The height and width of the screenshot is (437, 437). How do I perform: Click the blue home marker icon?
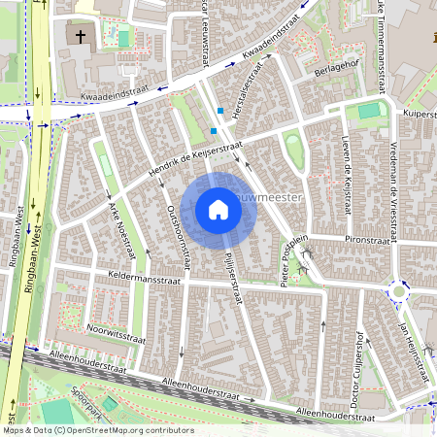pos(218,210)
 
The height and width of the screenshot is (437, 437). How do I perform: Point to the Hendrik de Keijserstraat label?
pos(194,161)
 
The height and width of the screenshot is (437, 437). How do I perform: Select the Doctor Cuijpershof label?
pos(357,354)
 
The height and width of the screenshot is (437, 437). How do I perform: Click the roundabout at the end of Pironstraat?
pos(398,289)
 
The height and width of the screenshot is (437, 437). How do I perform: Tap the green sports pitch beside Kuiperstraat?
pos(367,112)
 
